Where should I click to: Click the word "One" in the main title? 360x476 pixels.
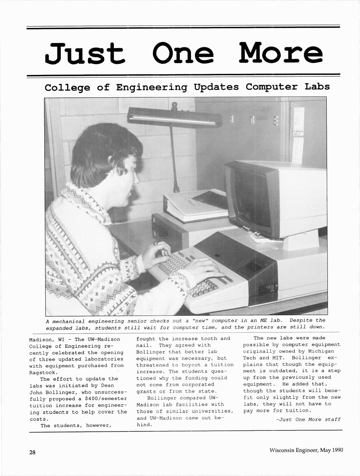(183, 54)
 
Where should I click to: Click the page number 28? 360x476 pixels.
(32, 453)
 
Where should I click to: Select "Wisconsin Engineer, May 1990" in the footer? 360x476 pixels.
(306, 450)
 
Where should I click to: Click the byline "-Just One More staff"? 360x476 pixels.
(308, 419)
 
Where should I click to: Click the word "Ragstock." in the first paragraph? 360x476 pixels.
(42, 372)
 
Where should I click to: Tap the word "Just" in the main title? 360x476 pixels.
(85, 54)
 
